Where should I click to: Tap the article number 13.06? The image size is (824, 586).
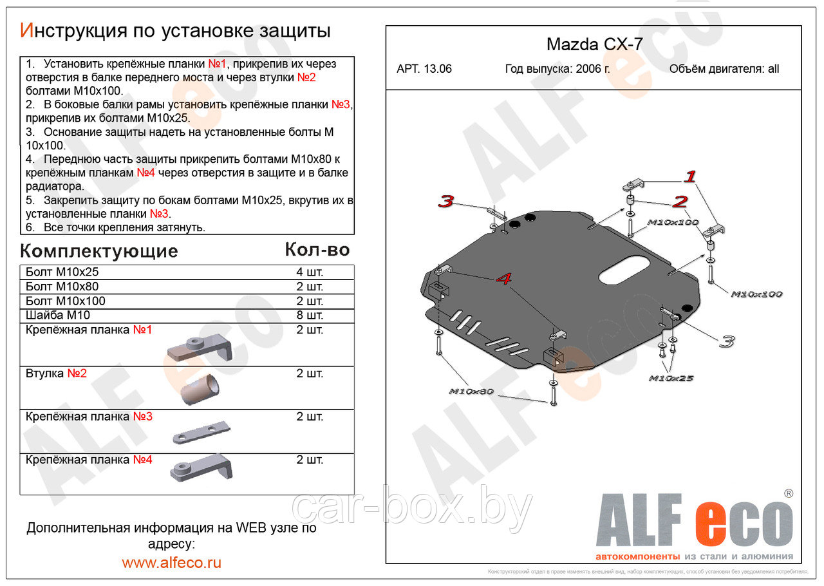coord(438,69)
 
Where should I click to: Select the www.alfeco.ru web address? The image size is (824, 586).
coord(171,562)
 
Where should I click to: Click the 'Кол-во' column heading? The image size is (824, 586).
coord(317,250)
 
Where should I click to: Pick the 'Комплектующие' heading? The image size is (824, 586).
coord(99,251)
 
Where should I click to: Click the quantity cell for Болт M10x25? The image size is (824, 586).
coord(310,272)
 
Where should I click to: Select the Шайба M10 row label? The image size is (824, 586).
coord(58,315)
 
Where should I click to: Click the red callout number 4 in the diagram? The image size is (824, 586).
coord(504,279)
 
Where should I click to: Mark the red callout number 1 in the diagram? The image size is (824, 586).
coord(690,176)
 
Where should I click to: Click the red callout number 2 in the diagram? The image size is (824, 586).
coord(680,202)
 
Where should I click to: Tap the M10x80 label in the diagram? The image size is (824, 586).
coord(471,391)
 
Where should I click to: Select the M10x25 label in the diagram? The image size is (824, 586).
coord(671,378)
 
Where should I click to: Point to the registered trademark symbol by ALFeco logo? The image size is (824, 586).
coord(788,493)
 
